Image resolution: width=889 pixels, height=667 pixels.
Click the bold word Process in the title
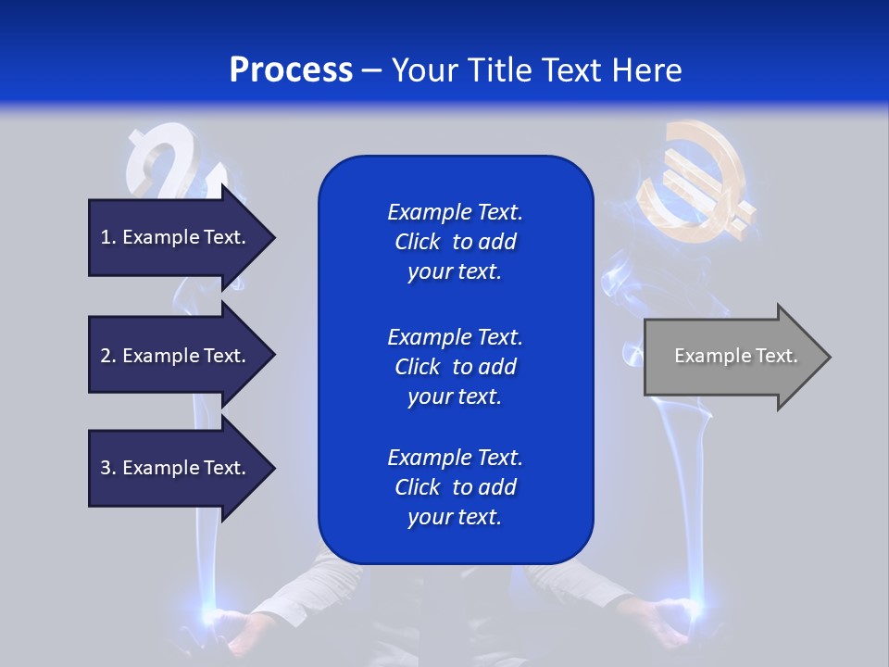[x=291, y=70]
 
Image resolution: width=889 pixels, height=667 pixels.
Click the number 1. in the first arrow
[x=108, y=237]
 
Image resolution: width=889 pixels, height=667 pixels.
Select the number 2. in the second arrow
[x=108, y=356]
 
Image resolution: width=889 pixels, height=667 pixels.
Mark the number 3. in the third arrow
[x=108, y=468]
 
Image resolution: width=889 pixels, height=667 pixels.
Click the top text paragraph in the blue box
[x=455, y=242]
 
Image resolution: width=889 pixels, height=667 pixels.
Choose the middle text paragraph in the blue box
[x=455, y=367]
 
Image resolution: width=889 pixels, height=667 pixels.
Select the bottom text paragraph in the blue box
[x=455, y=487]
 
